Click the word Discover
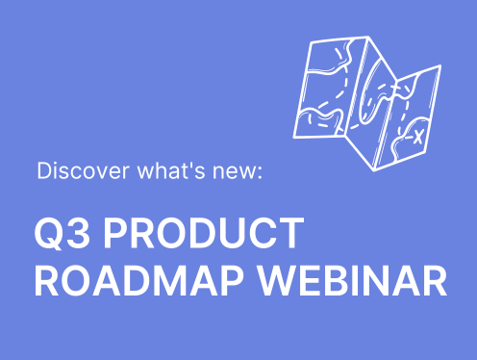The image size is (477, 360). [x=73, y=173]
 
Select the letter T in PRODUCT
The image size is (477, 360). [x=292, y=235]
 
